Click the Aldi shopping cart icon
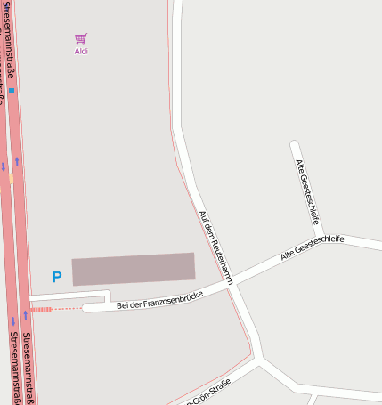pyautogui.click(x=81, y=38)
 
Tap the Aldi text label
pyautogui.click(x=81, y=52)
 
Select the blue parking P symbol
pyautogui.click(x=57, y=278)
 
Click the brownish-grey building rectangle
pyautogui.click(x=134, y=269)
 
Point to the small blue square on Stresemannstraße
pyautogui.click(x=12, y=91)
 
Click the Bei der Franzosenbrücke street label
pyautogui.click(x=160, y=300)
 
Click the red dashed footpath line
pyautogui.click(x=54, y=309)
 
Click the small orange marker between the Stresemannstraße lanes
pyautogui.click(x=11, y=178)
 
